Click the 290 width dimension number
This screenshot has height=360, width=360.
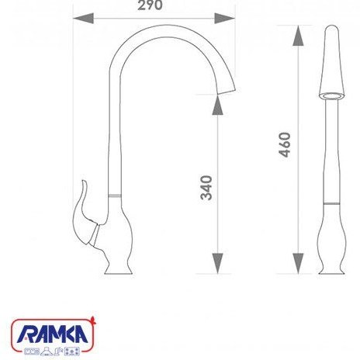click(150, 5)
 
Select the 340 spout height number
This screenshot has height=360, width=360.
click(206, 188)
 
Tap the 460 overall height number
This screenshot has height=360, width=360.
click(285, 144)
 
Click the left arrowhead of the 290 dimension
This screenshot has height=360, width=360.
click(83, 19)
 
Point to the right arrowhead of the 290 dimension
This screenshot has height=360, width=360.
click(225, 19)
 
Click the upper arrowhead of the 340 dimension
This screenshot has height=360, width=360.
click(217, 105)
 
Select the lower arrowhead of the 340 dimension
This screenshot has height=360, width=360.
click(217, 263)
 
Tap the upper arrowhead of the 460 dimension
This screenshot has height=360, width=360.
click(298, 36)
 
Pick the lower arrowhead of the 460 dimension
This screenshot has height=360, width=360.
click(298, 263)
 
